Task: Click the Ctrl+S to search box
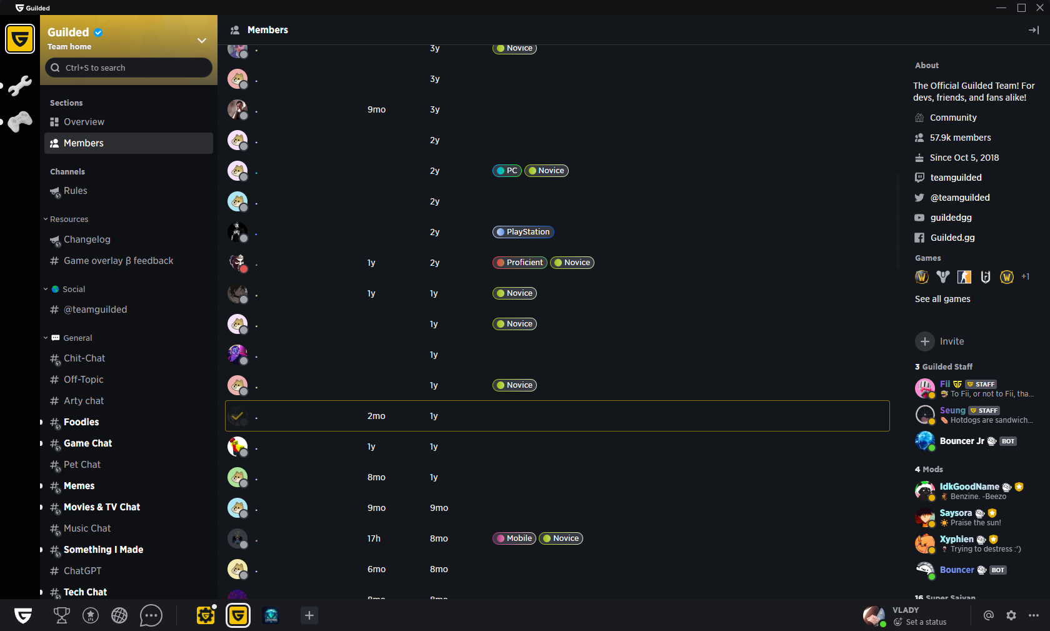(x=129, y=68)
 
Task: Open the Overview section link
(x=84, y=122)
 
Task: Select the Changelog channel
(x=87, y=240)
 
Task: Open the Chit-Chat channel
(x=84, y=358)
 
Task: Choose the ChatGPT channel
(x=82, y=571)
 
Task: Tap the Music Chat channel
(x=87, y=528)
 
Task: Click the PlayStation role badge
(x=523, y=232)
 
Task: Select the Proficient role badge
(x=520, y=263)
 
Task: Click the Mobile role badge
(x=514, y=538)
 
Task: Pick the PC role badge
(x=507, y=171)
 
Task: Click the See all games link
(x=942, y=299)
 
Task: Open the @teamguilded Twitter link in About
(x=959, y=198)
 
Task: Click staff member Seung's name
(x=952, y=410)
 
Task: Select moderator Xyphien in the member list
(x=956, y=539)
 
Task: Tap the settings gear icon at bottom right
(x=1011, y=615)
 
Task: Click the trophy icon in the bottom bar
(x=62, y=616)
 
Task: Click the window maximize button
(x=1021, y=8)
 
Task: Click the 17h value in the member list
(x=374, y=538)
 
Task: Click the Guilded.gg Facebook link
(x=952, y=238)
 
